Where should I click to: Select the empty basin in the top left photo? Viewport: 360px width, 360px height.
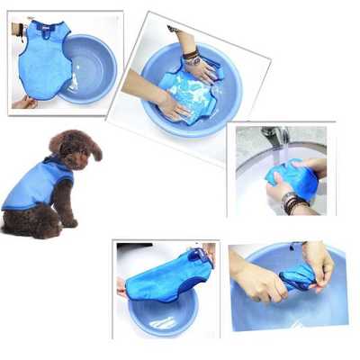[90, 67]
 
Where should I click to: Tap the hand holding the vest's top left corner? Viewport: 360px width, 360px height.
[17, 29]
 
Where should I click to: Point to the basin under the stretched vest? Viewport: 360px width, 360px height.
[162, 310]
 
